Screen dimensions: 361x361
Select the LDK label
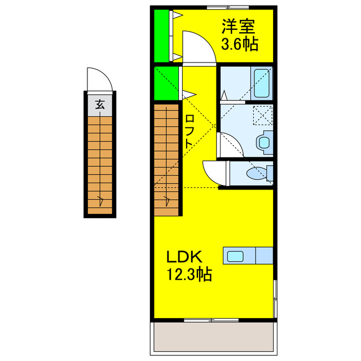click(x=183, y=257)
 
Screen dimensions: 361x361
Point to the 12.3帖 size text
click(x=188, y=275)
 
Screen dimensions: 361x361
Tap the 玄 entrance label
click(x=99, y=104)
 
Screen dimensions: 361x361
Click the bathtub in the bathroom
click(x=262, y=83)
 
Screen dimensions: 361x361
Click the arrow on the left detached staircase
click(x=100, y=199)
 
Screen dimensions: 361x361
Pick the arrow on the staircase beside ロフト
click(x=168, y=199)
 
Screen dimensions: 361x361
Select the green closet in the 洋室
click(x=161, y=36)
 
